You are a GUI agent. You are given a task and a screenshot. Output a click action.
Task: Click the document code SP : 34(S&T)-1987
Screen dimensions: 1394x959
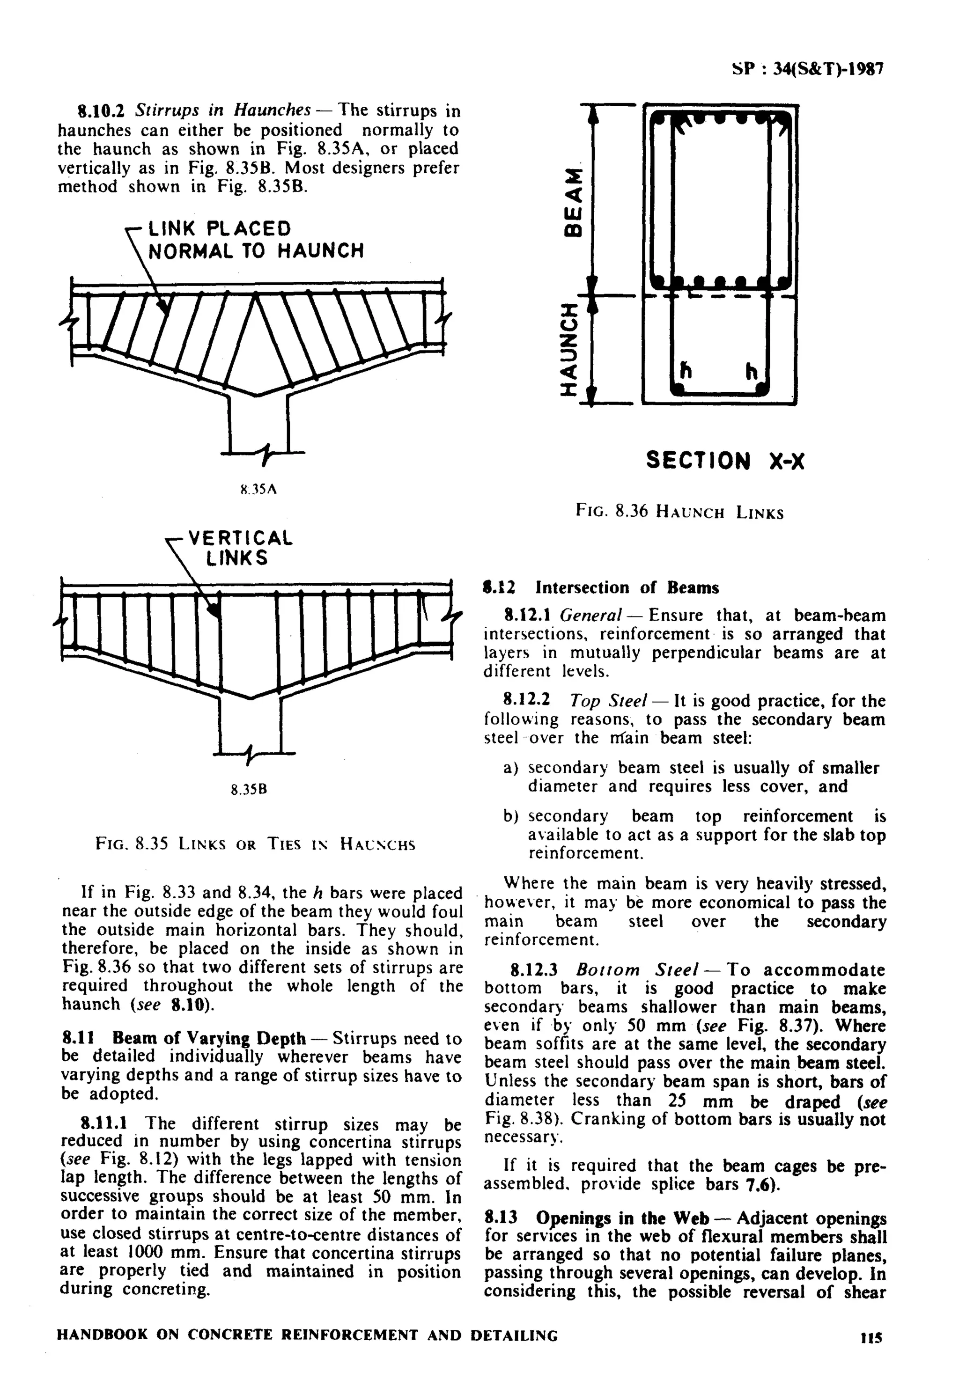pyautogui.click(x=807, y=69)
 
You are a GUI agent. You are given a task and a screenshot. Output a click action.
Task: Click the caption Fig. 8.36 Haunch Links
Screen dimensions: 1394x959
pyautogui.click(x=679, y=512)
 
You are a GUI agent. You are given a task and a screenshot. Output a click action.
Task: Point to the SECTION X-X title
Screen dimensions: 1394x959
pyautogui.click(x=725, y=461)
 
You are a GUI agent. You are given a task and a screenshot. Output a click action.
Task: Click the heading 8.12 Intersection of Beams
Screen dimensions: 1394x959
pyautogui.click(x=601, y=587)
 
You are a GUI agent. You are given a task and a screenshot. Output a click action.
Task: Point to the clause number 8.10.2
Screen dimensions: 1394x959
pyautogui.click(x=102, y=110)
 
